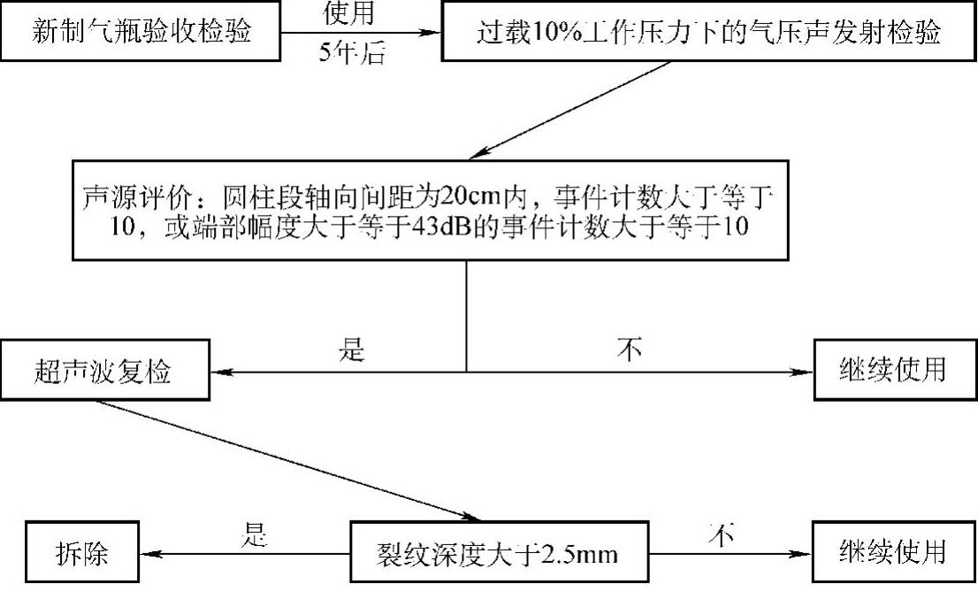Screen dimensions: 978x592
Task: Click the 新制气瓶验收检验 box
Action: click(x=141, y=33)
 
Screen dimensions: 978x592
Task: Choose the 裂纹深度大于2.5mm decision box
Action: click(x=495, y=555)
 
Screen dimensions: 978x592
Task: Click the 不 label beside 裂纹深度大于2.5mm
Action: click(x=722, y=534)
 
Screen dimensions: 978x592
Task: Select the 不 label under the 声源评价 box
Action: click(x=630, y=350)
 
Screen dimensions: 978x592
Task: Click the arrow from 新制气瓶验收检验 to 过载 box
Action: click(x=363, y=33)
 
